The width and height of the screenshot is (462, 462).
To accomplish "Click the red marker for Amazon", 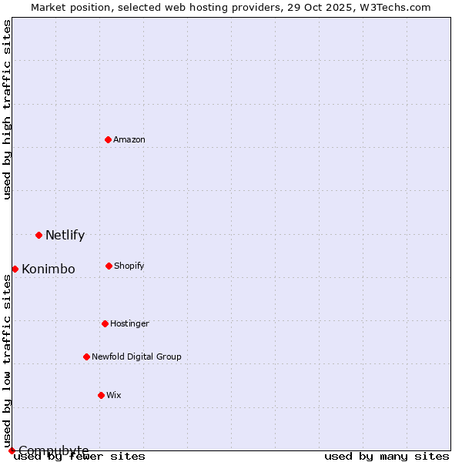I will click(x=108, y=139).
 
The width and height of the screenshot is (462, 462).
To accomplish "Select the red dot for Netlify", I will click(x=38, y=235).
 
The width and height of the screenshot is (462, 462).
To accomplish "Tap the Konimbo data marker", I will click(x=15, y=269).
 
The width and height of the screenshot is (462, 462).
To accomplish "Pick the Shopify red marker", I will click(x=109, y=266).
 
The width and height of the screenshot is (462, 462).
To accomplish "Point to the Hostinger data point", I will click(x=105, y=323).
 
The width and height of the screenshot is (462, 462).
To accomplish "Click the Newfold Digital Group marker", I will click(x=86, y=357).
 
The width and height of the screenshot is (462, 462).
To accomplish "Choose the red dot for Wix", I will click(x=101, y=395).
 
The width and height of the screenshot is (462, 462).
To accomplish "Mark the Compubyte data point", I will click(x=12, y=450).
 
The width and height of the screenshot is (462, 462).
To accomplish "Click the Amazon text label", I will click(x=129, y=139).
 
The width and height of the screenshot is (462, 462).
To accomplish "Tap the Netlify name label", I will click(x=65, y=236).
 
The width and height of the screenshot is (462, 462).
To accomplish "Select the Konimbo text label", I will click(x=49, y=269).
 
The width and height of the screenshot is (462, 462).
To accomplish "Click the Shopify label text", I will click(x=129, y=266).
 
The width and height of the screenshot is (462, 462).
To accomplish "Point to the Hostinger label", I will click(x=129, y=323).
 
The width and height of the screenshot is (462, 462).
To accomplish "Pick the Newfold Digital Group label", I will click(x=136, y=357).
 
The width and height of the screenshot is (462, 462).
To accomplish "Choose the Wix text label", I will click(x=114, y=395).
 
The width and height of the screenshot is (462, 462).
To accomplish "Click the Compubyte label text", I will click(x=54, y=450).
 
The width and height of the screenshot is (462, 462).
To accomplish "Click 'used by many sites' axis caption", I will click(x=387, y=457).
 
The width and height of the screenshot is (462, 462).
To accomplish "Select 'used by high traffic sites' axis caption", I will click(x=7, y=109).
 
